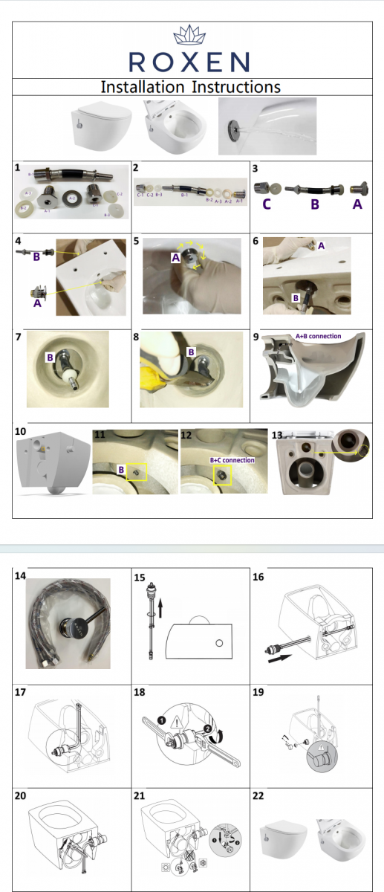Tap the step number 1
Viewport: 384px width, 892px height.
pyautogui.click(x=18, y=169)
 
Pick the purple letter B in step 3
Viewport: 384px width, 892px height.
pyautogui.click(x=315, y=204)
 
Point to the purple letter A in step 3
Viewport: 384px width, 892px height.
pyautogui.click(x=357, y=204)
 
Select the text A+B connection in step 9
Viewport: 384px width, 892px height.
pyautogui.click(x=318, y=336)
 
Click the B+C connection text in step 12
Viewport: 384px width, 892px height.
pyautogui.click(x=231, y=460)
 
